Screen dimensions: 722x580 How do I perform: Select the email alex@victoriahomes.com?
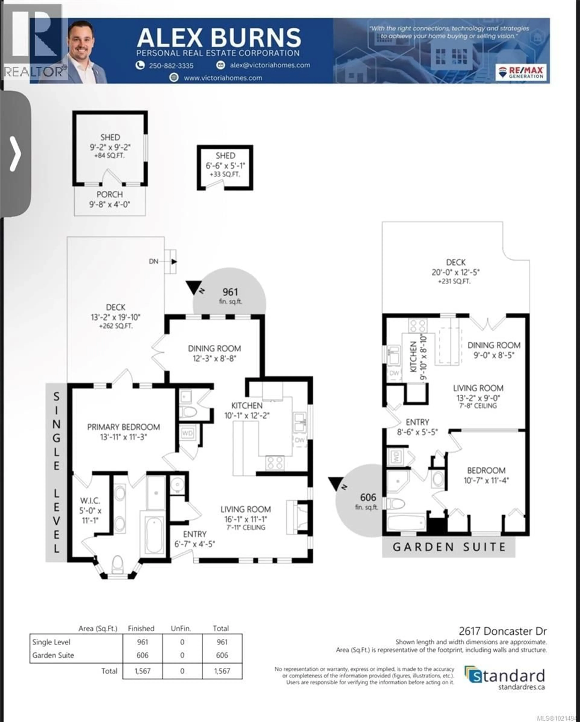[270, 65]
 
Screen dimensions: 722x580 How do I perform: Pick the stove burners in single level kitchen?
[275, 463]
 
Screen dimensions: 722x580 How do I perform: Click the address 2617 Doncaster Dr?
[503, 631]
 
